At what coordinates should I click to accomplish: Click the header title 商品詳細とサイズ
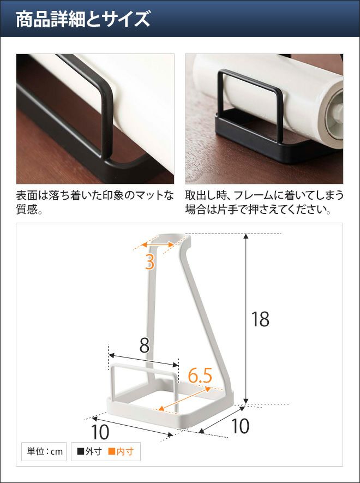[x=83, y=20]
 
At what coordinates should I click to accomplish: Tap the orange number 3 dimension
[x=149, y=262]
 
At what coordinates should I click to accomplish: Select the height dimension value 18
[x=260, y=319]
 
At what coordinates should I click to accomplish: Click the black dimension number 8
[x=144, y=345]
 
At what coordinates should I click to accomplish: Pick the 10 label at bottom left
[x=100, y=432]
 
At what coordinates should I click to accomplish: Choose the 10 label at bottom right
[x=240, y=426]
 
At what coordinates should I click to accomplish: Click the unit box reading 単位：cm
[x=44, y=451]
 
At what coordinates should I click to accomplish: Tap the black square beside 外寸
[x=80, y=451]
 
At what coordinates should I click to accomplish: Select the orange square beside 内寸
[x=111, y=451]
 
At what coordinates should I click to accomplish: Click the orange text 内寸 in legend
[x=125, y=451]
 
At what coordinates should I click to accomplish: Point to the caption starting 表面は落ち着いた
[x=95, y=202]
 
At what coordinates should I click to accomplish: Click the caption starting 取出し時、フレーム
[x=264, y=202]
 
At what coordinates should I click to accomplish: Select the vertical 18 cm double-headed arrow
[x=246, y=319]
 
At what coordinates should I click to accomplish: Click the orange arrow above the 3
[x=158, y=245]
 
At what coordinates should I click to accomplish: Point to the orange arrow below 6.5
[x=184, y=399]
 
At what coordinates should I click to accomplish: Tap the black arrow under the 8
[x=143, y=360]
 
